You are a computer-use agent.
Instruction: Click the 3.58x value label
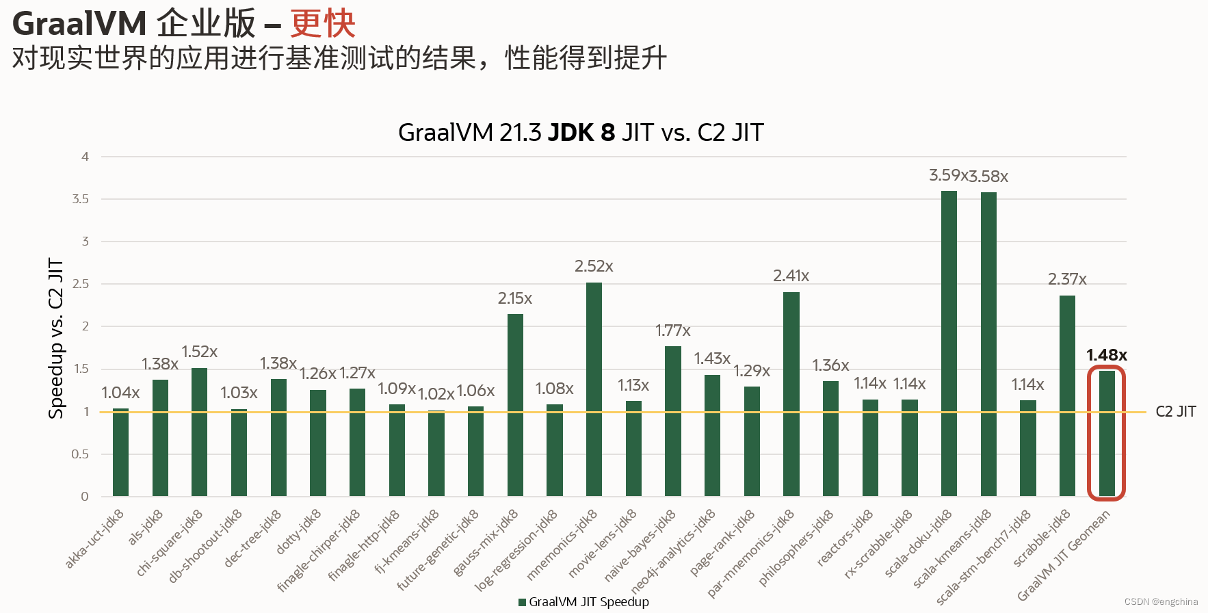pos(989,177)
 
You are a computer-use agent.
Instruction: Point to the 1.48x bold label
pos(1106,355)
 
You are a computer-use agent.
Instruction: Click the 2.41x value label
pos(791,276)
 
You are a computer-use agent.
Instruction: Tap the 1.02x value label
pos(436,394)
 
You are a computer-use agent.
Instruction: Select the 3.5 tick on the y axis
pos(80,199)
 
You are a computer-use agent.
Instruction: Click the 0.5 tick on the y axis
pos(80,454)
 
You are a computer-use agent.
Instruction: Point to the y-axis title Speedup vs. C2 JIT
pos(55,338)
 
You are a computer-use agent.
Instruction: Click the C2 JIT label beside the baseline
pos(1175,411)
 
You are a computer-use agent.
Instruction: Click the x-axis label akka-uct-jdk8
pos(95,539)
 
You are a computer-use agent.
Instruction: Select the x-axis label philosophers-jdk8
pos(796,549)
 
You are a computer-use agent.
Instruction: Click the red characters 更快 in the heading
pos(322,24)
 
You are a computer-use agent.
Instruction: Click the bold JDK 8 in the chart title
pos(581,132)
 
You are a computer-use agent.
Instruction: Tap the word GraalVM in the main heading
pos(79,24)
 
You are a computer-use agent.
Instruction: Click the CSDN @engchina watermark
pos(1161,602)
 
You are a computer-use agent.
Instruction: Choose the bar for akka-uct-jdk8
pos(120,452)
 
